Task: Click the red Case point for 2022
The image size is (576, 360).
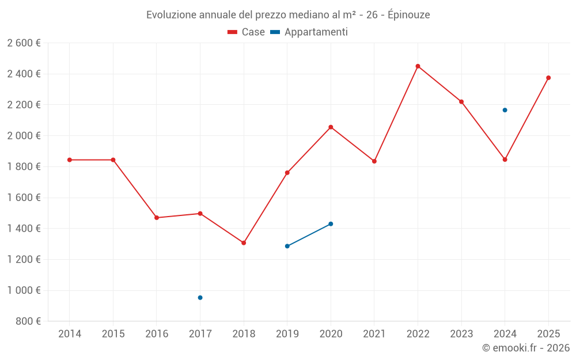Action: click(418, 66)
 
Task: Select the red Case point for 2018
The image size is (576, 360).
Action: click(244, 243)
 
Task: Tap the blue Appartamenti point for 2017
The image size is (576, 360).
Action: click(200, 298)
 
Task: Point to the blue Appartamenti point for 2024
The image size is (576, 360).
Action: click(505, 110)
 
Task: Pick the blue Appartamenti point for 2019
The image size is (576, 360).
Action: click(287, 246)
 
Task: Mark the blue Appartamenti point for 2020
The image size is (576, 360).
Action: click(331, 224)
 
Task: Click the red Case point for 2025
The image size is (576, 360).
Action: click(548, 78)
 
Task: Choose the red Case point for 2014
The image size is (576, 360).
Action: click(70, 160)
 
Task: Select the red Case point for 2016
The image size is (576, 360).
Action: click(157, 218)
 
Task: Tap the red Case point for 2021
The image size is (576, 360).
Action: click(374, 161)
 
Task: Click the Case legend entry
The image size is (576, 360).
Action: click(247, 32)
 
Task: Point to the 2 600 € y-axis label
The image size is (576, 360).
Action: click(24, 43)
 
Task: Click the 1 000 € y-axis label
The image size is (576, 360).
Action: click(24, 290)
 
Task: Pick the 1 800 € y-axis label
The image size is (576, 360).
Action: click(24, 166)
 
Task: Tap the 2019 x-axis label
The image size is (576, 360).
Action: click(287, 334)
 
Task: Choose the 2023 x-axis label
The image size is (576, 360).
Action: click(461, 334)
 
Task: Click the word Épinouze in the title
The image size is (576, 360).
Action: click(408, 15)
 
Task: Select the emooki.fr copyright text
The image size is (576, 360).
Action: click(525, 348)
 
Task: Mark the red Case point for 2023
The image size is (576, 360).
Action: click(461, 102)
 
